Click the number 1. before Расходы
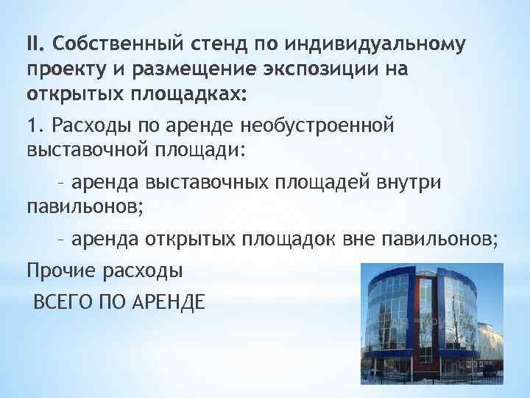pos(35,126)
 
